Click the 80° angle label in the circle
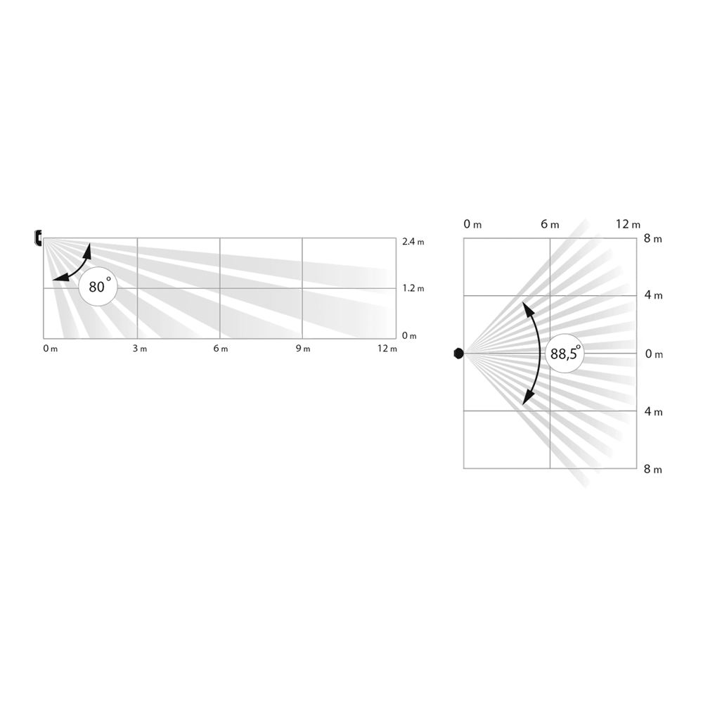pos(98,288)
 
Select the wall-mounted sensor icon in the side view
pos(38,238)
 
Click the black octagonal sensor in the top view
pos(458,353)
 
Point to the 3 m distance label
pos(139,349)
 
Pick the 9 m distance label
pos(302,349)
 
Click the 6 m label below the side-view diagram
pos(220,349)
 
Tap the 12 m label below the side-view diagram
pos(386,349)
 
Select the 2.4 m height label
pos(413,242)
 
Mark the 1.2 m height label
pos(413,288)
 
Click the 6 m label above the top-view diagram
pos(550,224)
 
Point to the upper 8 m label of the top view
pos(653,239)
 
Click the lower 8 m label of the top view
pos(653,469)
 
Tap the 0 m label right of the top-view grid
pos(653,354)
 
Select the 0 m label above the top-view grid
pos(472,224)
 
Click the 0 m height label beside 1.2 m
pos(409,335)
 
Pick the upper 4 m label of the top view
pos(653,295)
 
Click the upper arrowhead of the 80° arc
pos(89,247)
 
